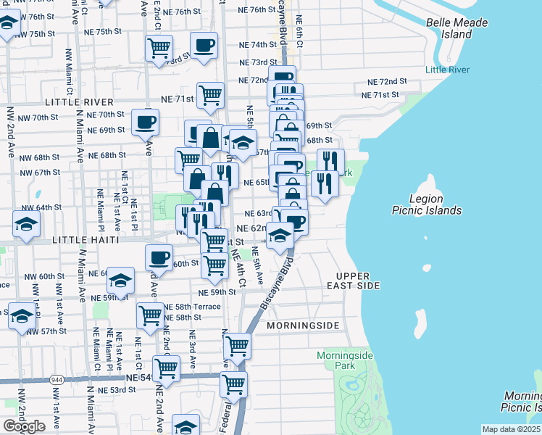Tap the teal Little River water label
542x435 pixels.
coord(447,70)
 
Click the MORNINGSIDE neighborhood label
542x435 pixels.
coord(302,326)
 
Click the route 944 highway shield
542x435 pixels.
coord(57,380)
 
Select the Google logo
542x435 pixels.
coord(23,426)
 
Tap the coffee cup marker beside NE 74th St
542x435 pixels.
coord(204,45)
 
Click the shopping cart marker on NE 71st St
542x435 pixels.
coord(210,94)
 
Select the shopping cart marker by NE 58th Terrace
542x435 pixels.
coord(150,315)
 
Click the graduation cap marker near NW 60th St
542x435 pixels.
coord(121,278)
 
